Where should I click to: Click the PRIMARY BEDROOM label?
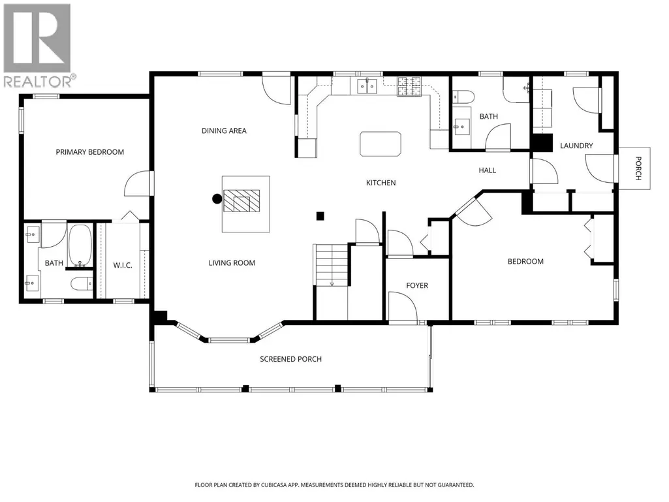coord(90,152)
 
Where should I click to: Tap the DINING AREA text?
coord(224,131)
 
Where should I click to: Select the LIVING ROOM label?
coord(232,263)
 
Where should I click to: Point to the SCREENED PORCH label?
coord(290,359)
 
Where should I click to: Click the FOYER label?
coord(417,285)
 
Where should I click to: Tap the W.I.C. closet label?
coord(123,265)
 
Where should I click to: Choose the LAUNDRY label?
coord(576,146)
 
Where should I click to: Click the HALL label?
coord(488,170)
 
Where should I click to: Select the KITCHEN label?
coord(381,183)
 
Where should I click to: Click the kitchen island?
coord(381,144)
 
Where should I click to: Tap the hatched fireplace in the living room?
coord(242,200)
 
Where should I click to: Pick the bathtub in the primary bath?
coord(80,245)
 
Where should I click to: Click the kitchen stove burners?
coord(409,86)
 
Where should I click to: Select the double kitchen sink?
coord(367,87)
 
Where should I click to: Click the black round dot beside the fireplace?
coord(217,198)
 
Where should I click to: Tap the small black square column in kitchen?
coord(320,217)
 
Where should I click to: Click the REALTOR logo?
coord(38,45)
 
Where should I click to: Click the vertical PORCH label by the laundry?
coord(638,168)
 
